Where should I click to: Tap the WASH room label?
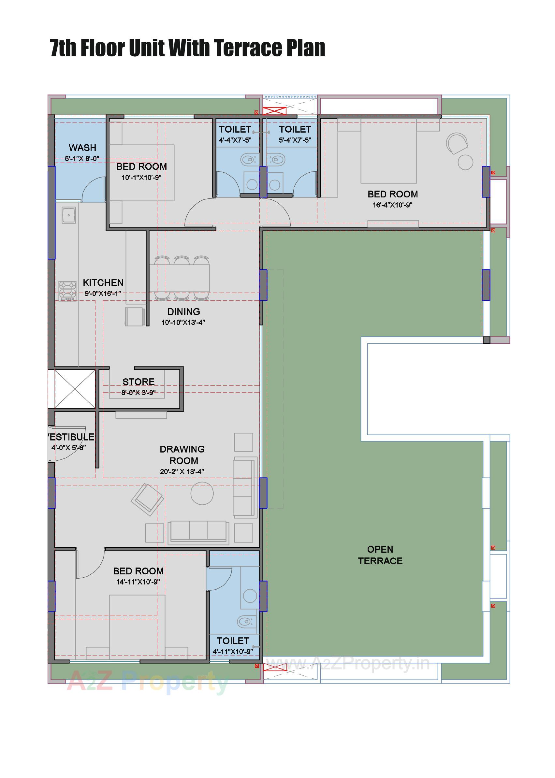coord(82,148)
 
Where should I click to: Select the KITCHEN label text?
coord(103,282)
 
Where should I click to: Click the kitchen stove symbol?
coord(67,291)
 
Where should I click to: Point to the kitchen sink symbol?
coord(69,215)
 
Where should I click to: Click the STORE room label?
coord(139,382)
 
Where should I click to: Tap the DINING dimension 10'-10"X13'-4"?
coord(183,322)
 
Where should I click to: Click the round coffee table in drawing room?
coord(202,493)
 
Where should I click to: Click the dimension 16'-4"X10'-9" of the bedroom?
coord(392,205)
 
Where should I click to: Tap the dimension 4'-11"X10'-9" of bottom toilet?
coord(233,652)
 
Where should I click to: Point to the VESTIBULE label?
coord(71,437)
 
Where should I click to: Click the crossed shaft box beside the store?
coord(75,389)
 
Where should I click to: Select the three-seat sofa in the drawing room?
coord(198,532)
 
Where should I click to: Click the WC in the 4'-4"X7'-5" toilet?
coord(248,159)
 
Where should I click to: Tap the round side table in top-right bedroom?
coord(465,162)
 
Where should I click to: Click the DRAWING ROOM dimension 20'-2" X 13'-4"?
coord(182,471)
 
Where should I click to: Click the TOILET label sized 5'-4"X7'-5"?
coord(295,129)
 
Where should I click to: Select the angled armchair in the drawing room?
coord(147,499)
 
